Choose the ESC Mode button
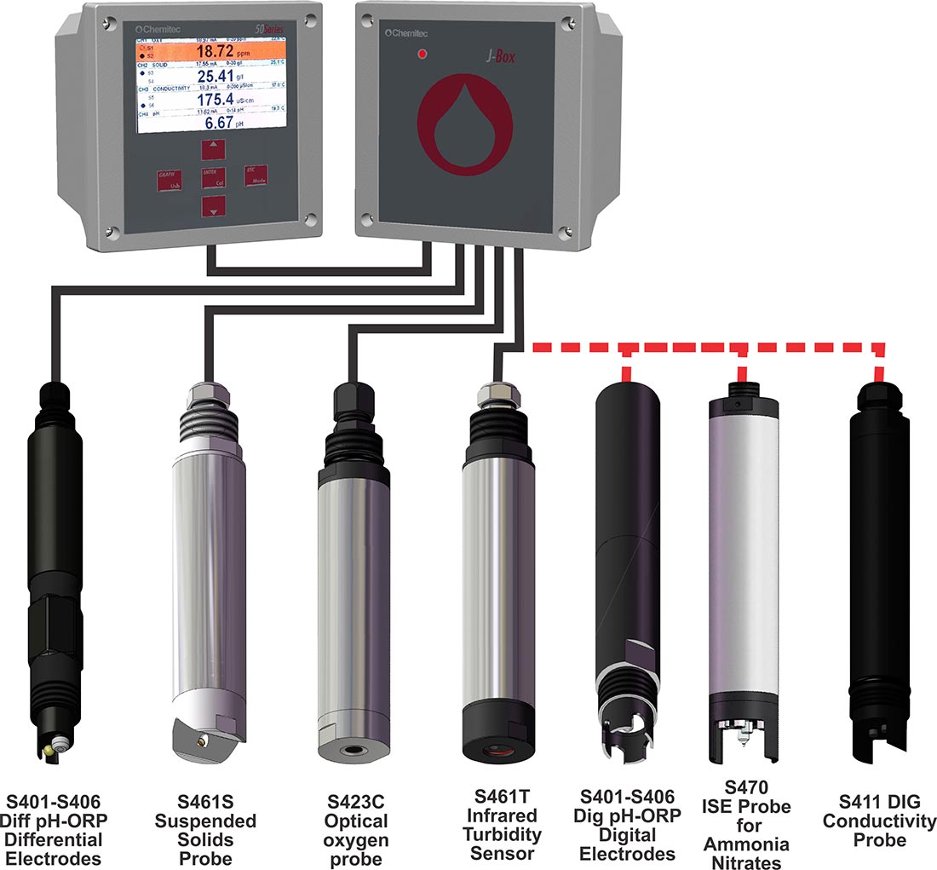[256, 176]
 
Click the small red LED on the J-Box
[422, 55]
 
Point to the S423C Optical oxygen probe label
[358, 831]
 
